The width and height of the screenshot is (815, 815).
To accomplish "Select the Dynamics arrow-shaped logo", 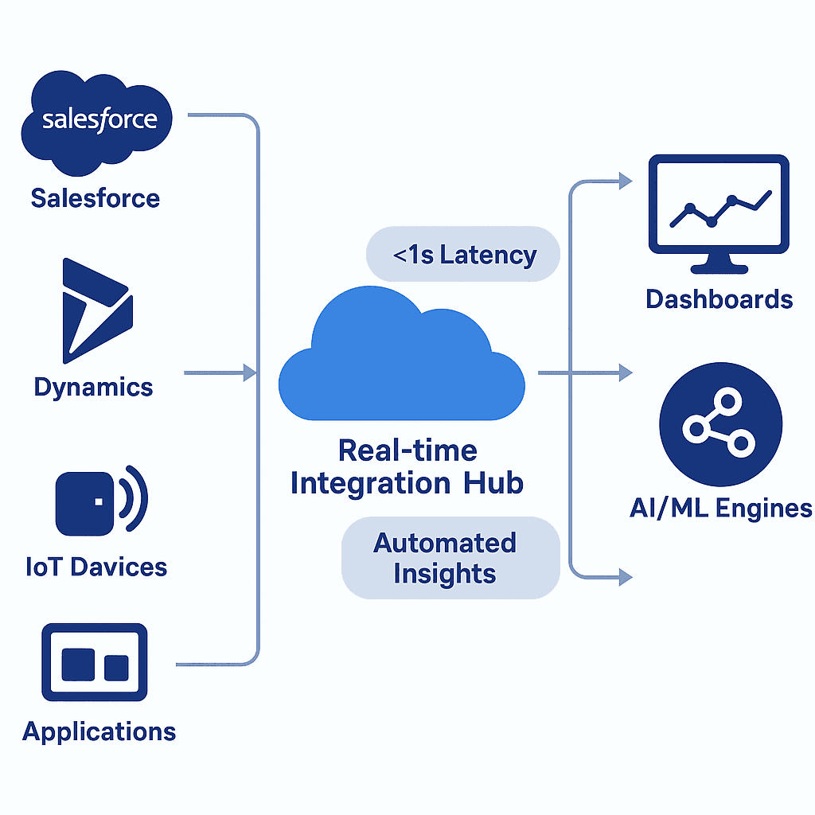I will [x=96, y=306].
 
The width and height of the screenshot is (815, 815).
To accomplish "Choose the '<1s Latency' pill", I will [x=463, y=255].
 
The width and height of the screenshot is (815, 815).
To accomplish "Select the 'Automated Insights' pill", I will [x=450, y=558].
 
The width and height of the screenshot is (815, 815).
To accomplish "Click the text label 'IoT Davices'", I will [x=96, y=567].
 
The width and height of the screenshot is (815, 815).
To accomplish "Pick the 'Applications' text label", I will [x=99, y=731].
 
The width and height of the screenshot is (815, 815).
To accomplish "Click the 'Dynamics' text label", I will [x=93, y=388].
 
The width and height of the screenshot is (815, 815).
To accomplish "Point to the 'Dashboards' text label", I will [x=719, y=299].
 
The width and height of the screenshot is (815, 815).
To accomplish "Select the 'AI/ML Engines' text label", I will [x=720, y=508].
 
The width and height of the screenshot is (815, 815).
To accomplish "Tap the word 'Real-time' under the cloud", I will [x=407, y=450].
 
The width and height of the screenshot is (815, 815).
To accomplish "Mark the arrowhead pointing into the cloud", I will [x=249, y=372].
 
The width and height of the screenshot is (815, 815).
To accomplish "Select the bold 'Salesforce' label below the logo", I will [x=96, y=197].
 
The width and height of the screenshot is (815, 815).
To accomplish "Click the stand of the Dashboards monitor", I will [x=718, y=262].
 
